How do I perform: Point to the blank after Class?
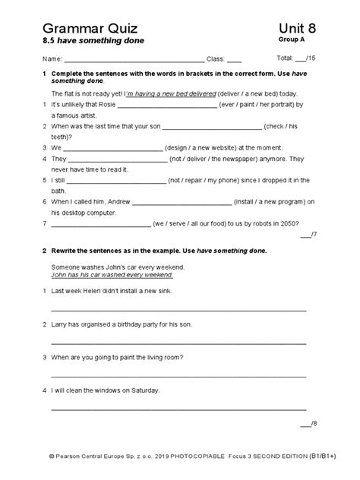pos(235,59)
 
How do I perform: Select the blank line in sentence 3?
pos(114,148)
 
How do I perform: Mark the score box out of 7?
pos(306,235)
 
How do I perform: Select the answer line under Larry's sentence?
pos(179,343)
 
